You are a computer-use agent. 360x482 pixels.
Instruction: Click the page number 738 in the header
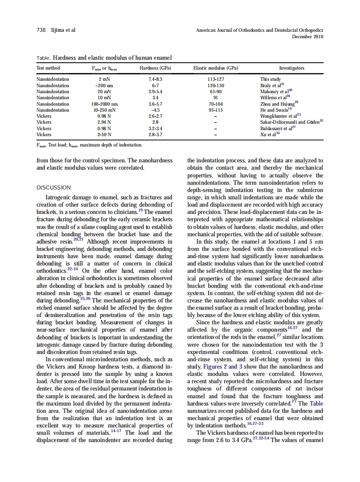pyautogui.click(x=41, y=30)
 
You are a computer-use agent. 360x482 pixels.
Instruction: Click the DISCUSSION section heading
pyautogui.click(x=54, y=187)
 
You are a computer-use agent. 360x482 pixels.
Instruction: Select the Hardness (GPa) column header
pyautogui.click(x=155, y=68)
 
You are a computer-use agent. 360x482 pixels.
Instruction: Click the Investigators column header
pyautogui.click(x=292, y=68)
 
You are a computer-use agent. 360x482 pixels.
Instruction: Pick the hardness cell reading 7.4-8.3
pyautogui.click(x=155, y=79)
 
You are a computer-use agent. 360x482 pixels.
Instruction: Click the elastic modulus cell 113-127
pyautogui.click(x=216, y=79)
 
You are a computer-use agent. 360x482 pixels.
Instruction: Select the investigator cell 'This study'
pyautogui.click(x=271, y=79)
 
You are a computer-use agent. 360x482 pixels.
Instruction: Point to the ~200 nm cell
pyautogui.click(x=104, y=85)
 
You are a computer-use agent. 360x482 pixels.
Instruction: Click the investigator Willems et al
pyautogui.click(x=272, y=98)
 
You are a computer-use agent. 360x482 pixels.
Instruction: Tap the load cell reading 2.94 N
pyautogui.click(x=104, y=122)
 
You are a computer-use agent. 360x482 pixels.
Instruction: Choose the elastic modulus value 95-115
pyautogui.click(x=216, y=110)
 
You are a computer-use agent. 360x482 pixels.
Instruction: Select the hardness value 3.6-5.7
pyautogui.click(x=155, y=104)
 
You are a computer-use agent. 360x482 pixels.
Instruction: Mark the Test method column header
pyautogui.click(x=48, y=68)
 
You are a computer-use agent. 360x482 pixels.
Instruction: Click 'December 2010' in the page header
pyautogui.click(x=308, y=37)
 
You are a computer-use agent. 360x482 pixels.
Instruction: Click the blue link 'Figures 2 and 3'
pyautogui.click(x=220, y=367)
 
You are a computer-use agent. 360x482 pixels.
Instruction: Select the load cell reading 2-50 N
pyautogui.click(x=104, y=134)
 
